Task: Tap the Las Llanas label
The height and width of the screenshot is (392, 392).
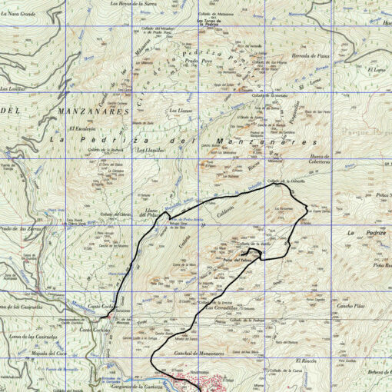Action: [x=180, y=110]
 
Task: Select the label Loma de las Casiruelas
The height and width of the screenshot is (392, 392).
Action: [x=34, y=337]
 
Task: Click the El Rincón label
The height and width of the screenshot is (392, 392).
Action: [x=306, y=360]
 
